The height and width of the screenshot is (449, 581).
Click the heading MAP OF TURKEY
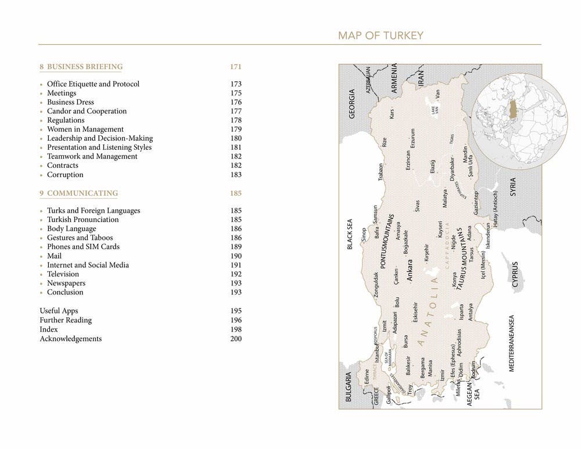(381, 36)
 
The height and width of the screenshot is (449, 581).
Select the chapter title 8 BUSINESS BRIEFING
(81, 67)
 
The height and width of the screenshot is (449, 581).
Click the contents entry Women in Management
(85, 129)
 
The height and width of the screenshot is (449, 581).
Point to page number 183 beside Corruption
(236, 175)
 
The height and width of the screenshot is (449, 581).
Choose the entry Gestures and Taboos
(80, 238)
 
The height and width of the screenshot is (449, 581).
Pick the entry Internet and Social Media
(88, 265)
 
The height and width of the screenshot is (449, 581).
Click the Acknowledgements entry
(70, 339)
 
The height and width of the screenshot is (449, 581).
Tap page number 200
(236, 339)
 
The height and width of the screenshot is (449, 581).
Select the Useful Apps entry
(59, 311)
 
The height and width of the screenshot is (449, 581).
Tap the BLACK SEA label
(350, 234)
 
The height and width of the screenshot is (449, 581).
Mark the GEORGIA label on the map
(352, 104)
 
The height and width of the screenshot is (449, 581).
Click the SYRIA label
(512, 187)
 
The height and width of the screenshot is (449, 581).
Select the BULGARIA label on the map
(349, 388)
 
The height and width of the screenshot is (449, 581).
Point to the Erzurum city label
(413, 138)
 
